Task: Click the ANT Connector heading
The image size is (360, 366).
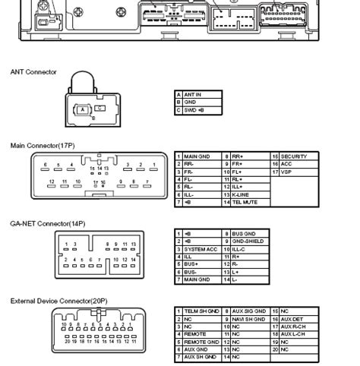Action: pyautogui.click(x=33, y=72)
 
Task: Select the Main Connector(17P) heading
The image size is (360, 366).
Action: pyautogui.click(x=43, y=144)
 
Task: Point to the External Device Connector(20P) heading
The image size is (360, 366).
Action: pyautogui.click(x=58, y=301)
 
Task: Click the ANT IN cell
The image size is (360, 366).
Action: pyautogui.click(x=193, y=94)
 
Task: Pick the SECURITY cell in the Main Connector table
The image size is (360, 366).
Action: pyautogui.click(x=292, y=156)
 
